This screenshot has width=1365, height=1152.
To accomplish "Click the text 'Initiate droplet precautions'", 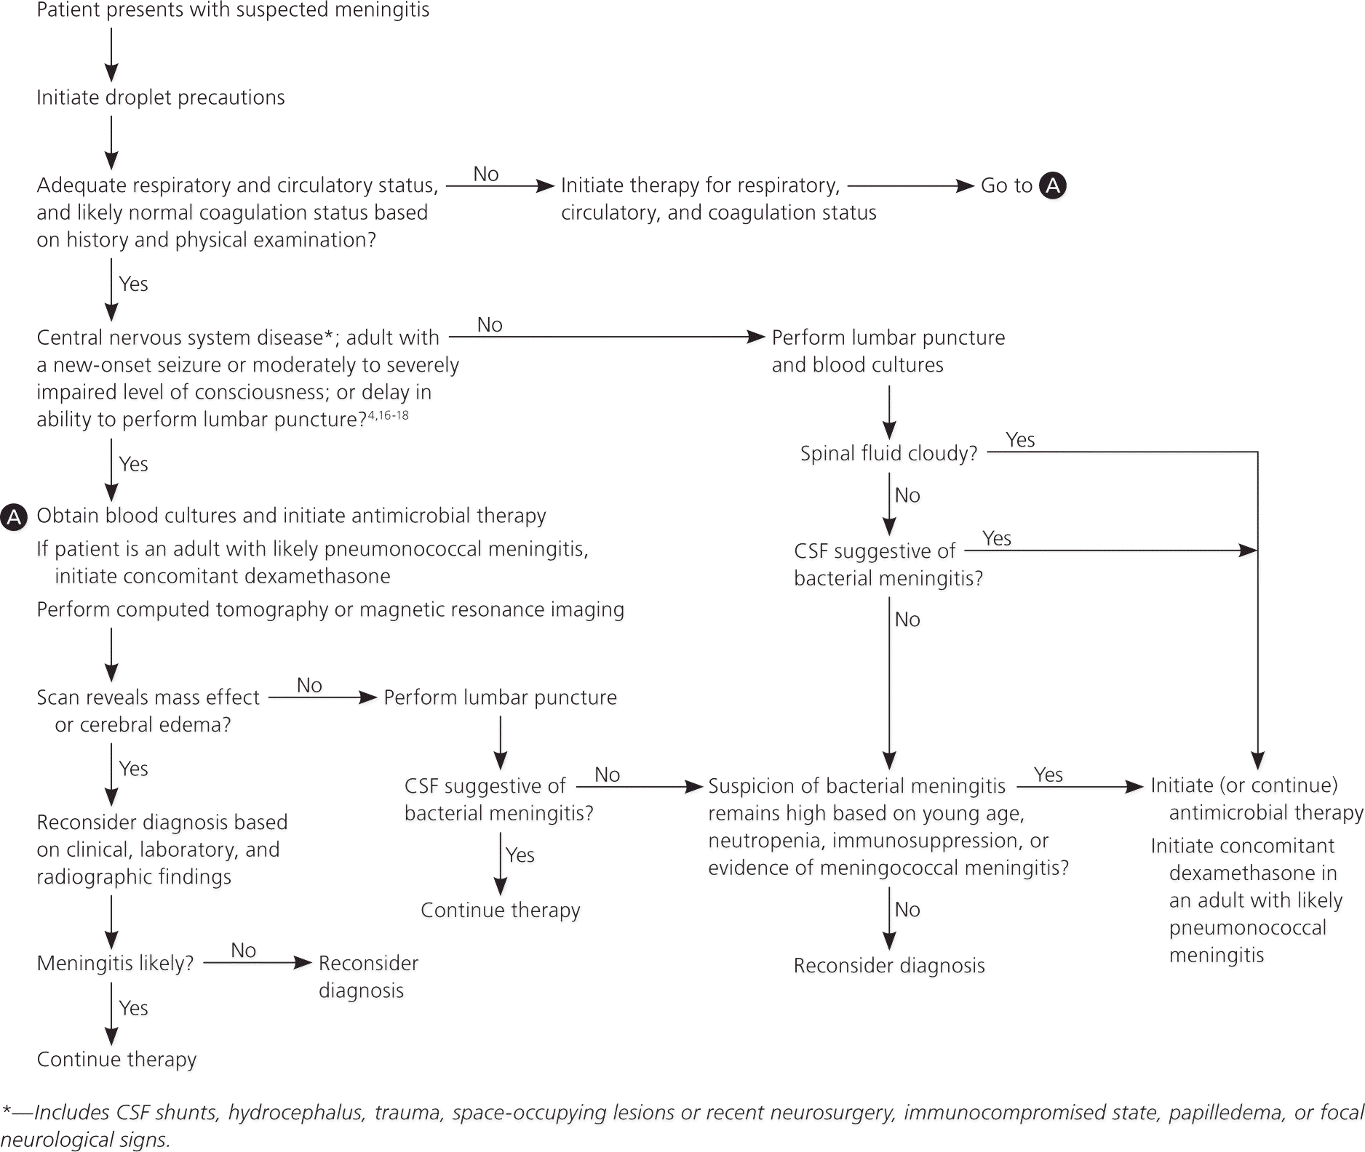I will point(160,97).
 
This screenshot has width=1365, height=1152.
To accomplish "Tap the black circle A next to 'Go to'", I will point(1052,185).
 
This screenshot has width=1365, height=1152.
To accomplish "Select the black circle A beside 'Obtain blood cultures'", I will point(14,517).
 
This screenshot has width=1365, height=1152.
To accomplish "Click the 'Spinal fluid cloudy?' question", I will point(888,454).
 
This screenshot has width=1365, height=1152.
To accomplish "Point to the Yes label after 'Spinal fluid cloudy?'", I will point(1020,439).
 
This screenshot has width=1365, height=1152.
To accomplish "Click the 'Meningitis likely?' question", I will point(115,964).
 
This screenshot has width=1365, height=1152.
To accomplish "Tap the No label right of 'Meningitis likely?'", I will point(243,951).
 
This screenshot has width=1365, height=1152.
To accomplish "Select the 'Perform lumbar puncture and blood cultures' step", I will point(888,351).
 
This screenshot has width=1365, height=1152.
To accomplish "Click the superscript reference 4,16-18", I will point(388,415).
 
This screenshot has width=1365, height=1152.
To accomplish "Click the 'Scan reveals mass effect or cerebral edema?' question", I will point(148,711).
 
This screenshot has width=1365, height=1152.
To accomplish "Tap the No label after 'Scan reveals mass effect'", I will point(309,685).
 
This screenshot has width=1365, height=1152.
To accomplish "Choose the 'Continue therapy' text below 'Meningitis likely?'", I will point(116,1060).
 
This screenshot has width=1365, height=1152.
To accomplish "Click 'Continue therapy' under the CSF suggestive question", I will point(501,911).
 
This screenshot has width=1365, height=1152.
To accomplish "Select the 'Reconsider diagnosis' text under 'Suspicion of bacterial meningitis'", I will point(889,966).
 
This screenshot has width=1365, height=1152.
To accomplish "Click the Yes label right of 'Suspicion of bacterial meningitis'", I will point(1048,775).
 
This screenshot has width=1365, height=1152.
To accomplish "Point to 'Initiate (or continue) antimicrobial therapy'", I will point(1256,799).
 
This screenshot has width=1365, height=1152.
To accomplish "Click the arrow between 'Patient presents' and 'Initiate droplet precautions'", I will point(111,55).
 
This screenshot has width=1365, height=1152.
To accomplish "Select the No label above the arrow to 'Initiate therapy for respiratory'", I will point(485,174).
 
